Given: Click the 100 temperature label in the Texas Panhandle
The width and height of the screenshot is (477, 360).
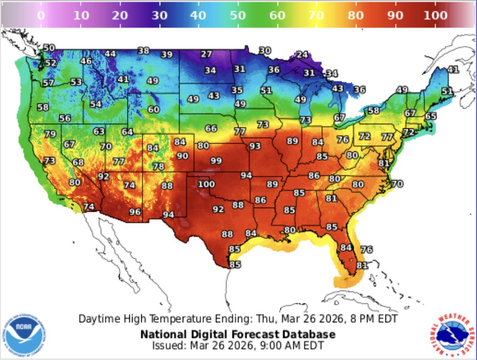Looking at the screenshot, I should [207, 184].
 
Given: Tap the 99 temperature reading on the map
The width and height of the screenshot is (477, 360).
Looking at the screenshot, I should [216, 161].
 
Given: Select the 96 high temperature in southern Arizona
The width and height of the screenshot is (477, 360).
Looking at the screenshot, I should [135, 212].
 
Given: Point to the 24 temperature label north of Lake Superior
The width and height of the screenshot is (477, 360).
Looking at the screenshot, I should [302, 55].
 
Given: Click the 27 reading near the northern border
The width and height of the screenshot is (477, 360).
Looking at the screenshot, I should [206, 54].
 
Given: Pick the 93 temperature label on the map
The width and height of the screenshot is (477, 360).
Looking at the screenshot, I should [255, 146].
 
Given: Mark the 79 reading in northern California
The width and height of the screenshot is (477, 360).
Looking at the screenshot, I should [50, 134].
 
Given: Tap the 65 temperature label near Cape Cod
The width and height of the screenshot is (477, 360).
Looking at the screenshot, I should [430, 116].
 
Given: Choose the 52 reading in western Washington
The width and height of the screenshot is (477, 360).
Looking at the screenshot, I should [50, 63].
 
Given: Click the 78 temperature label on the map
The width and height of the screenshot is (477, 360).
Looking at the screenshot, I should [159, 167].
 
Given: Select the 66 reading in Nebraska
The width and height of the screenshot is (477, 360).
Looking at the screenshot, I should [211, 128].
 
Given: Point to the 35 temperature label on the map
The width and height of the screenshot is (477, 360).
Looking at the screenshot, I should [237, 90].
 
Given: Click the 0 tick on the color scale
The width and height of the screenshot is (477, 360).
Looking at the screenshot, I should [41, 15].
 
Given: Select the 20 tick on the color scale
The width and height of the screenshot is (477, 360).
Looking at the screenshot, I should [120, 15].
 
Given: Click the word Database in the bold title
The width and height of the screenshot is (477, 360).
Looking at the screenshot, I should [312, 334].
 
